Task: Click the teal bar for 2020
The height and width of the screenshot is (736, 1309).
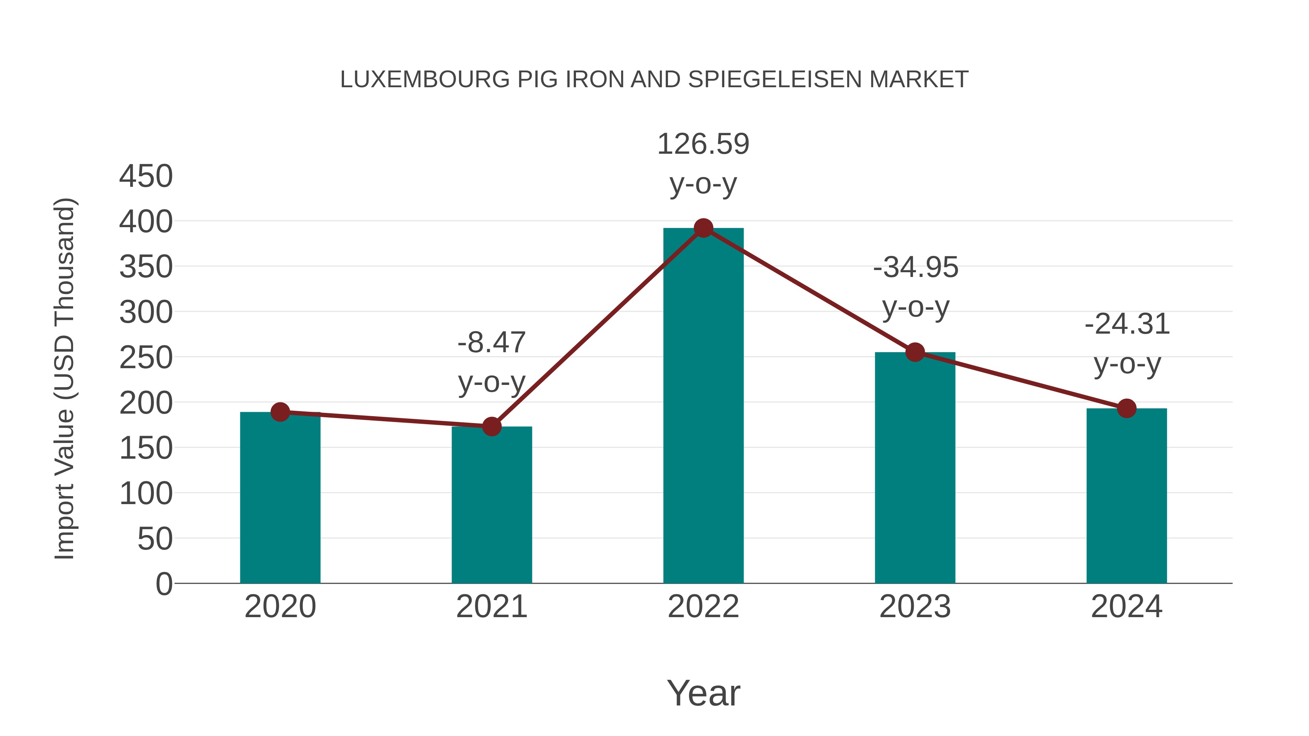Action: (x=280, y=498)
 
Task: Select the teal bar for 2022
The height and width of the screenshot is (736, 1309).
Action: (x=703, y=406)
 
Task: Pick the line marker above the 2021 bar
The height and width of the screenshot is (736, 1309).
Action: (x=491, y=427)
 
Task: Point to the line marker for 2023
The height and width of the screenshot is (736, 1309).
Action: (x=915, y=352)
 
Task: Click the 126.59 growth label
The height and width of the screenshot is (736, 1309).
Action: (x=703, y=144)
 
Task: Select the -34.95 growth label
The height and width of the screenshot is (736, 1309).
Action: (x=916, y=268)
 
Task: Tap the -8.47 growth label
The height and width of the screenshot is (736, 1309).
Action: (x=491, y=343)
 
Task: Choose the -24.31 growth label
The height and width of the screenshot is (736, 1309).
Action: (x=1127, y=325)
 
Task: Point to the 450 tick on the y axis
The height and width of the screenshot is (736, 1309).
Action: (x=146, y=177)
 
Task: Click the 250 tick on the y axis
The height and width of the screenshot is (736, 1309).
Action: (x=146, y=358)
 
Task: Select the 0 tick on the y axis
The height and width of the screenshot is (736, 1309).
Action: (x=164, y=584)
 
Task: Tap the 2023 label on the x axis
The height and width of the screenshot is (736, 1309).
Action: (x=915, y=607)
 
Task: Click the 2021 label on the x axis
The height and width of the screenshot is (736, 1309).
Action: (x=491, y=607)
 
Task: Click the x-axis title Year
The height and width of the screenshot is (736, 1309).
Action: (x=703, y=693)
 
